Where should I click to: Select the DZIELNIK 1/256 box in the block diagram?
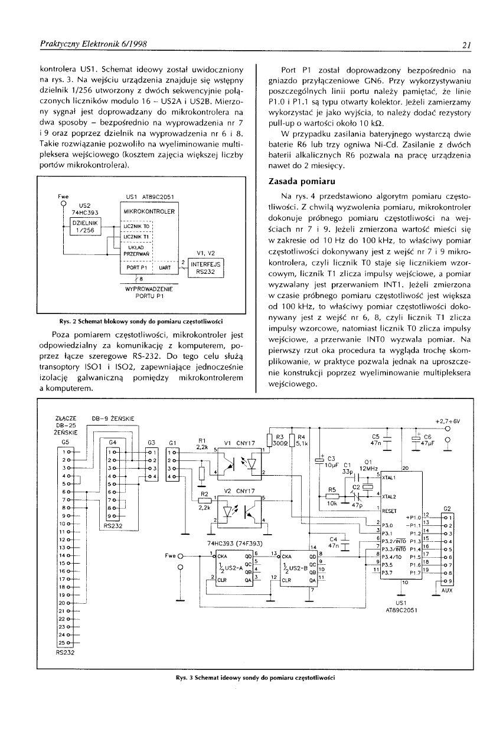click(x=87, y=226)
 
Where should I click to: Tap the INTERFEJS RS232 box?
click(x=204, y=268)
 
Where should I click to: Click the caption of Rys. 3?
click(x=250, y=678)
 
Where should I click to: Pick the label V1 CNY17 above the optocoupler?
click(x=239, y=442)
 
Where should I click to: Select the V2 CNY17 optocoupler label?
click(x=239, y=490)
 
